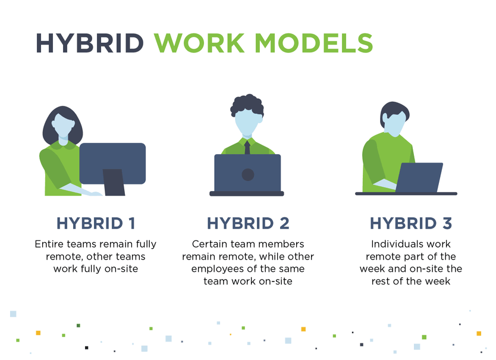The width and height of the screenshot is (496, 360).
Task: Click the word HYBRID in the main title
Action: pyautogui.click(x=89, y=43)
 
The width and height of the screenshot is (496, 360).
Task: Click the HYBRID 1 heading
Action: pyautogui.click(x=96, y=223)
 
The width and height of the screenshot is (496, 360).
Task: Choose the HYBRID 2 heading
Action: pyautogui.click(x=248, y=223)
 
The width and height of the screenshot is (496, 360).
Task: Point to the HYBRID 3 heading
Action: pyautogui.click(x=411, y=223)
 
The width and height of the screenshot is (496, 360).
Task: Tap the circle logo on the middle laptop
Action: pyautogui.click(x=248, y=174)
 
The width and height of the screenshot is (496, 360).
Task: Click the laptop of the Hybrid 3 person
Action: pyautogui.click(x=420, y=177)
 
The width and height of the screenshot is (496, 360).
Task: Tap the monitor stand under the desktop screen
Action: pyautogui.click(x=114, y=182)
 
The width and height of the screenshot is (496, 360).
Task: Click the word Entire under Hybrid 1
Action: pyautogui.click(x=50, y=244)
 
